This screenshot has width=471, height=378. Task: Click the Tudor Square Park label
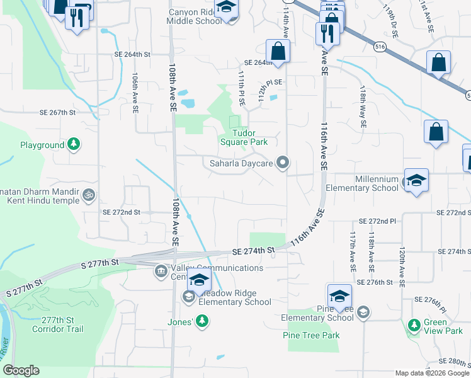pyautogui.click(x=244, y=137)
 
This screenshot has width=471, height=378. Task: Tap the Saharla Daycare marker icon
pyautogui.click(x=283, y=163)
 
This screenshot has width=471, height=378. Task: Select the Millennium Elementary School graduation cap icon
pyautogui.click(x=416, y=180)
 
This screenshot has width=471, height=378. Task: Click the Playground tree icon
pyautogui.click(x=74, y=145)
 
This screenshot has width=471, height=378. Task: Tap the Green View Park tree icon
pyautogui.click(x=414, y=326)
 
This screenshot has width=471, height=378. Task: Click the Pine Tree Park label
pyautogui.click(x=311, y=335)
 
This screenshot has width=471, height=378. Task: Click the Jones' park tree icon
pyautogui.click(x=202, y=322)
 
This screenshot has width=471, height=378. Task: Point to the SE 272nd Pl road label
pyautogui.click(x=377, y=222)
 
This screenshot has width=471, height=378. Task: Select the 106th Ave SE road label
pyautogui.click(x=135, y=92)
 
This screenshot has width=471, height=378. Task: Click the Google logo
pyautogui.click(x=21, y=370)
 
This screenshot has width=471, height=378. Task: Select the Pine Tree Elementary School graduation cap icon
pyautogui.click(x=339, y=295)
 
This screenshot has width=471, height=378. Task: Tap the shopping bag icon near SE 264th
pyautogui.click(x=277, y=52)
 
